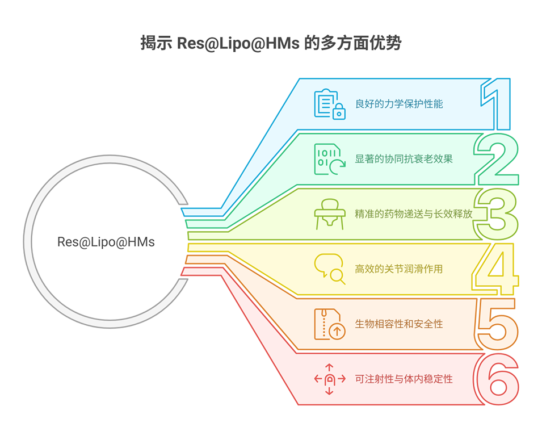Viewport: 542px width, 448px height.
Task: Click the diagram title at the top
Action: tap(271, 43)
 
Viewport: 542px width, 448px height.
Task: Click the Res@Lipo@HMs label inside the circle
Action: tap(106, 242)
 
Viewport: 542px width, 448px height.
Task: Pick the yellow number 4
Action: tap(495, 269)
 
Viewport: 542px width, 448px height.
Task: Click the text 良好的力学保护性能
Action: tap(399, 104)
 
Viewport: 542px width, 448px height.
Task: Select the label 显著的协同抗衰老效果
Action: tap(404, 159)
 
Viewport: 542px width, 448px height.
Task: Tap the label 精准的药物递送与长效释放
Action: tap(414, 214)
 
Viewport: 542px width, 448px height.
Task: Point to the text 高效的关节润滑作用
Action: tap(399, 269)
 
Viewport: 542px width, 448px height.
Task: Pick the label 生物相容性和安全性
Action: tap(399, 324)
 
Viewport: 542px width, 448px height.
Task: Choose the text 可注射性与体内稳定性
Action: tap(404, 379)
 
